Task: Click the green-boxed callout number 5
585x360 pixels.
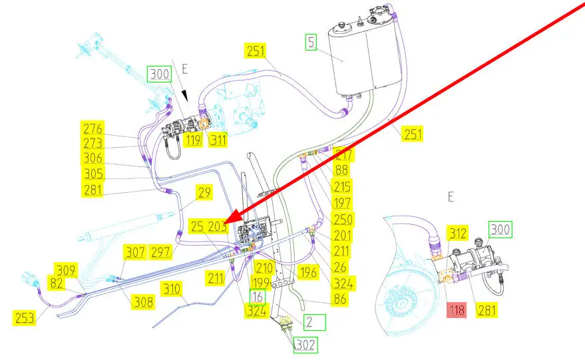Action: [311, 43]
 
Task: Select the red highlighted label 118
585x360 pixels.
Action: [457, 309]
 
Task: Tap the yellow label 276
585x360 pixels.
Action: [93, 128]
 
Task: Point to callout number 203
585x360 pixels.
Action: [218, 226]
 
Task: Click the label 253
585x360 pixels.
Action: [25, 317]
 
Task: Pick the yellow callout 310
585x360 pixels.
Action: [172, 289]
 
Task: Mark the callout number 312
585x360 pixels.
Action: [458, 232]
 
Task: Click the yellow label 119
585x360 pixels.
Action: [194, 140]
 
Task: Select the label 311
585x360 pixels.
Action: [218, 140]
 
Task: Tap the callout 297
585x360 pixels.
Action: [160, 252]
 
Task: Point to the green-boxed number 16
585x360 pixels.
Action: [258, 296]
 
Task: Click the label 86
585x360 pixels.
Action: [340, 300]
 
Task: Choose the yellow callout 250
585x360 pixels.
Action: [343, 219]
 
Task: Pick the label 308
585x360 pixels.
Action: [142, 301]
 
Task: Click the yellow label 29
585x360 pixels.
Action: [203, 194]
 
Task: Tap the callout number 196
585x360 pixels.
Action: [307, 271]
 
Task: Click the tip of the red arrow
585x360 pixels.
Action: [227, 221]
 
